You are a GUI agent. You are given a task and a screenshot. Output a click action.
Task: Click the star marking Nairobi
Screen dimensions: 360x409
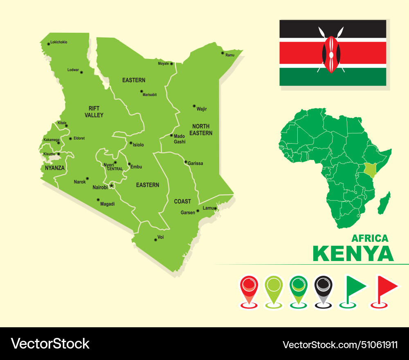click(x=111, y=186)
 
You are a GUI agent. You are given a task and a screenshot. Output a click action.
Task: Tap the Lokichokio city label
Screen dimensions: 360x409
click(x=59, y=42)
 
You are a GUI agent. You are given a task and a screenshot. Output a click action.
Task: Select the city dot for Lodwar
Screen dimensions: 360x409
click(x=81, y=72)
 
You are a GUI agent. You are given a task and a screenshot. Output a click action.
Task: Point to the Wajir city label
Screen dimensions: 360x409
click(x=202, y=109)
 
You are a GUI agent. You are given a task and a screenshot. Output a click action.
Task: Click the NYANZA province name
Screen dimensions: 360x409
click(x=55, y=168)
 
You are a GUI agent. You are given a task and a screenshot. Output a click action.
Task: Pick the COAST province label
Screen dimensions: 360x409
click(x=182, y=201)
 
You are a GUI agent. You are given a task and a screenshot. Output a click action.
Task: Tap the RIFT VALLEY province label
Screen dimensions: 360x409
click(x=94, y=112)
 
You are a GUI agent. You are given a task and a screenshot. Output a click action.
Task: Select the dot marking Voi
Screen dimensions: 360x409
click(x=155, y=240)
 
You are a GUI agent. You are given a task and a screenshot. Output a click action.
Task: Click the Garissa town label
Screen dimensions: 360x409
click(x=195, y=163)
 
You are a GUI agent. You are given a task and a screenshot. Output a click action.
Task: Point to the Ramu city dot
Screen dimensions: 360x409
click(x=222, y=53)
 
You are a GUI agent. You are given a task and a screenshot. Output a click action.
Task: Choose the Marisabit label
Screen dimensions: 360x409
click(x=150, y=95)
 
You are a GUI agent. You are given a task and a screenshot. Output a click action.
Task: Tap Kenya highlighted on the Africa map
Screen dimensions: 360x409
click(x=370, y=169)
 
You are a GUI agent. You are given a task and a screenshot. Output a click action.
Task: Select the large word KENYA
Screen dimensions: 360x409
click(x=353, y=254)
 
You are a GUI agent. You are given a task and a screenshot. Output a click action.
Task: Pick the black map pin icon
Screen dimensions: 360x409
click(x=324, y=288)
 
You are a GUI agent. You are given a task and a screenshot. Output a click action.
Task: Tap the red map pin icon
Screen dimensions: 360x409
click(x=249, y=288)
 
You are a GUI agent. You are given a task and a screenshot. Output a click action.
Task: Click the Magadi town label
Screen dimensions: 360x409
click(x=107, y=204)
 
